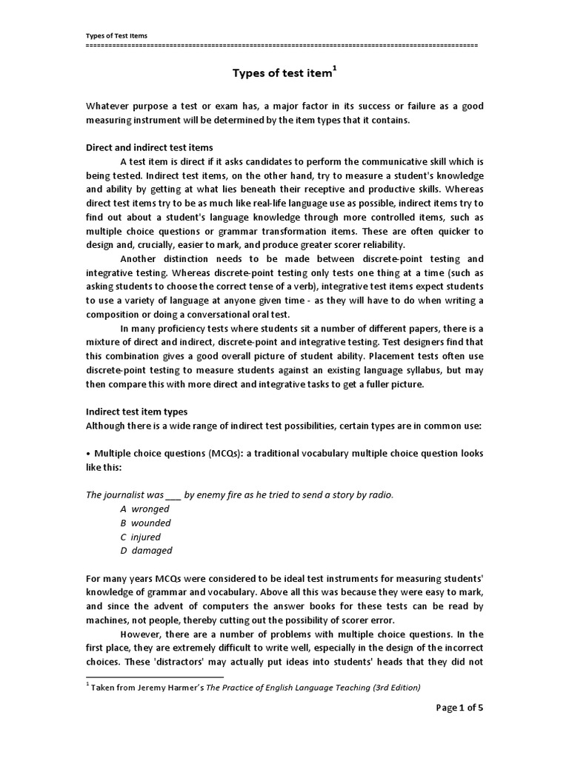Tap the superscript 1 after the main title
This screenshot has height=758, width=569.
click(x=334, y=67)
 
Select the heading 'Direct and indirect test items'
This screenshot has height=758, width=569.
click(x=150, y=147)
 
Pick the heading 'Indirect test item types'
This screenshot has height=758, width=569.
click(x=137, y=412)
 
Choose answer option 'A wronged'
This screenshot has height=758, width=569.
click(x=144, y=509)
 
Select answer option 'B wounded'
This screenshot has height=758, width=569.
click(x=146, y=523)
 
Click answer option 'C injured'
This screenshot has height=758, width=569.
click(x=140, y=537)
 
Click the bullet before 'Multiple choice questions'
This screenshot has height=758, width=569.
click(x=88, y=453)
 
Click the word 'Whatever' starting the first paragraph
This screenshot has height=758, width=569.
click(x=107, y=107)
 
